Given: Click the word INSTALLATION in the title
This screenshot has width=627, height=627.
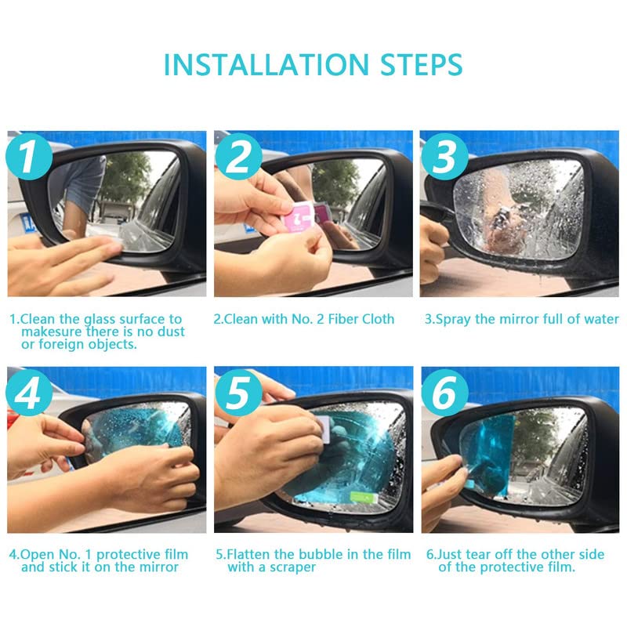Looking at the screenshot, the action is [266, 64].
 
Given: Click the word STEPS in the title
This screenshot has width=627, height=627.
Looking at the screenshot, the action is [422, 64].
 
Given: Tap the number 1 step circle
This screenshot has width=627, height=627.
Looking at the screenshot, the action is [29, 156].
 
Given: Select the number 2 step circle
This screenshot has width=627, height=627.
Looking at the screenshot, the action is [239, 156].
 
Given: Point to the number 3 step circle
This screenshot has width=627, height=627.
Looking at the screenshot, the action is [444, 156].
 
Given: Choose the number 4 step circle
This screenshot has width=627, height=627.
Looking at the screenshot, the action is [29, 393].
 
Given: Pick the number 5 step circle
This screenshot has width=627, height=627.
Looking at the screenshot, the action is [239, 393].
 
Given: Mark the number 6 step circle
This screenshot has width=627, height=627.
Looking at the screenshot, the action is [444, 393].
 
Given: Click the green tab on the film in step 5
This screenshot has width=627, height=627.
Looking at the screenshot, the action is [364, 498].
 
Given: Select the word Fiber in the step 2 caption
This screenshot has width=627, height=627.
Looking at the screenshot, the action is [343, 319].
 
